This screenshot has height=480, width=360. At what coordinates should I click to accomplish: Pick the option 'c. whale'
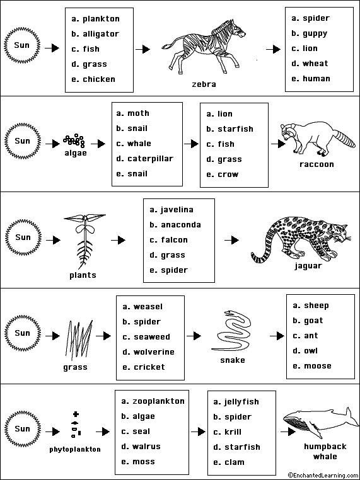point(134,144)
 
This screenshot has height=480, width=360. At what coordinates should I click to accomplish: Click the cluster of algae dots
point(74,140)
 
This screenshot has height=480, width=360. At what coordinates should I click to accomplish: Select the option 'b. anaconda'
point(175,225)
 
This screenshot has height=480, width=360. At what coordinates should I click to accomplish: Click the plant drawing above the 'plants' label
point(83,240)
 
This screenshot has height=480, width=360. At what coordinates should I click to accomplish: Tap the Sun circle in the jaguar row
point(23,238)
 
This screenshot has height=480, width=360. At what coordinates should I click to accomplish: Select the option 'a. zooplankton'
point(153,401)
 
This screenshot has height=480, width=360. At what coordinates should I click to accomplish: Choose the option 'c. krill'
point(228,432)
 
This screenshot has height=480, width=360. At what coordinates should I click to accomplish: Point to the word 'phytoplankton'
point(76,450)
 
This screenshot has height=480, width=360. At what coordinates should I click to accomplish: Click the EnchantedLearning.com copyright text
point(322,476)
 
